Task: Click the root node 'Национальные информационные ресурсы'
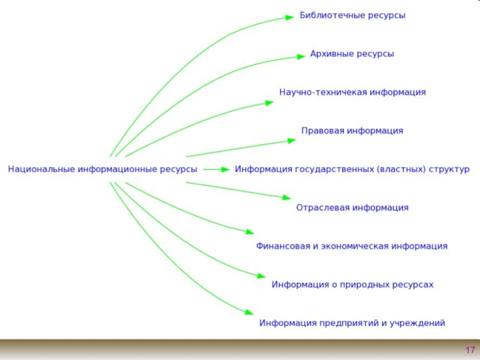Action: [102, 169]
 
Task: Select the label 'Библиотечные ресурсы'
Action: [352, 16]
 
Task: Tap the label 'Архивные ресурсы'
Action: [352, 54]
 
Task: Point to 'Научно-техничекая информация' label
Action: [352, 92]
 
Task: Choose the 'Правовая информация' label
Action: [352, 131]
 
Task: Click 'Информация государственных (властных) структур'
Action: [352, 169]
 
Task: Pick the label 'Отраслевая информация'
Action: [352, 208]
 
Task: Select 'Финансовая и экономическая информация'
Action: [352, 246]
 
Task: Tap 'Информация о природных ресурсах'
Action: [352, 284]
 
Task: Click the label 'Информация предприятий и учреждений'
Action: [352, 323]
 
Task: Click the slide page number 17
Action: [470, 350]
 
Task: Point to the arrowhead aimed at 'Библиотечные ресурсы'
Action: [289, 18]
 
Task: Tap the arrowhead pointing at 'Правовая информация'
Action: [291, 140]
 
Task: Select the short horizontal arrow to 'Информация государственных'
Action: [216, 170]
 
